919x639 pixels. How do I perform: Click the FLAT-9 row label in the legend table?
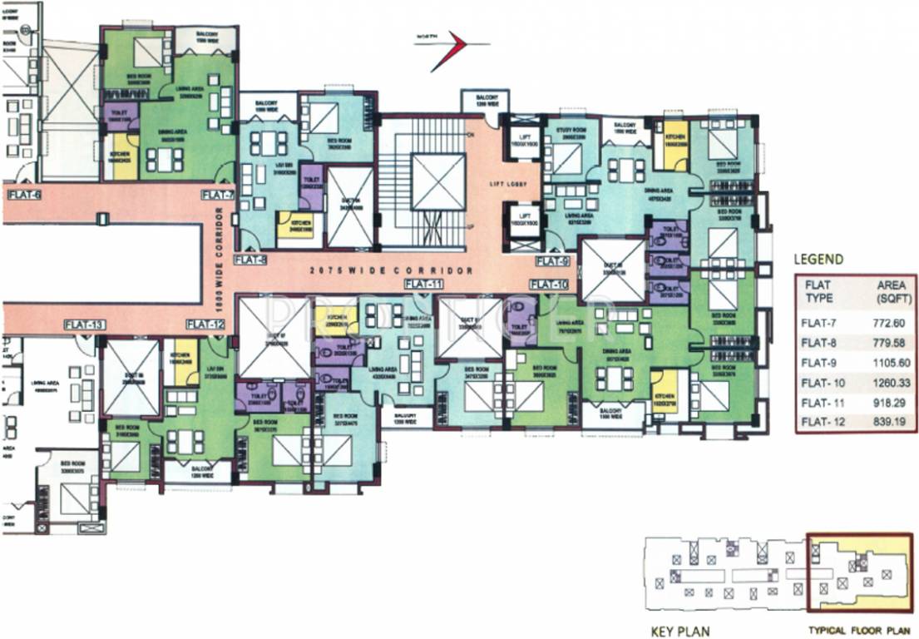[x=820, y=362]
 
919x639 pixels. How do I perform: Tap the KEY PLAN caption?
[x=679, y=631]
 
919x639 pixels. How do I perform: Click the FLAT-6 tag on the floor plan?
[x=24, y=195]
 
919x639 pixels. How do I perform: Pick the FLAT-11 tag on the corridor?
[x=423, y=284]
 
